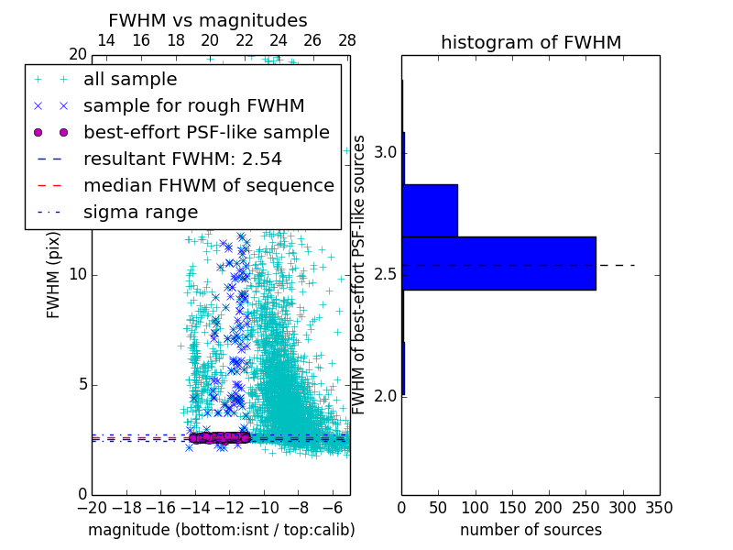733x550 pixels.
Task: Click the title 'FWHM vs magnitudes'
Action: [207, 20]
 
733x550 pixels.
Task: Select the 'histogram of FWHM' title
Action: [531, 42]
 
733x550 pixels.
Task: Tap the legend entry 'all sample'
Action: [130, 80]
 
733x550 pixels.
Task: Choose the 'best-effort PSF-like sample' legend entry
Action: [206, 133]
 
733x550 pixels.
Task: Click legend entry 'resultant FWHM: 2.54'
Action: [182, 159]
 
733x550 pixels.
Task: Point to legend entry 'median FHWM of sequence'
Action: [208, 186]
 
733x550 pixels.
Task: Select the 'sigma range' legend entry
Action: [140, 213]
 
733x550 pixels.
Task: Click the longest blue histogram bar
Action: [498, 263]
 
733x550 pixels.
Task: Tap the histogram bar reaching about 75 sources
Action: [430, 210]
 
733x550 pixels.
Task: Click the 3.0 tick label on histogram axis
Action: [385, 151]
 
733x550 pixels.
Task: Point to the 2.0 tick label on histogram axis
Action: [385, 396]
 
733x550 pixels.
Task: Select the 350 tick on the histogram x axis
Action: [659, 508]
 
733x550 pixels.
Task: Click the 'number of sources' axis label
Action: [531, 530]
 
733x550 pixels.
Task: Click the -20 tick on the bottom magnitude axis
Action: [92, 508]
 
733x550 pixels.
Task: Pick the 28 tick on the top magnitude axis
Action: [346, 40]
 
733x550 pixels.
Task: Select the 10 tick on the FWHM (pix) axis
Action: [78, 274]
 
